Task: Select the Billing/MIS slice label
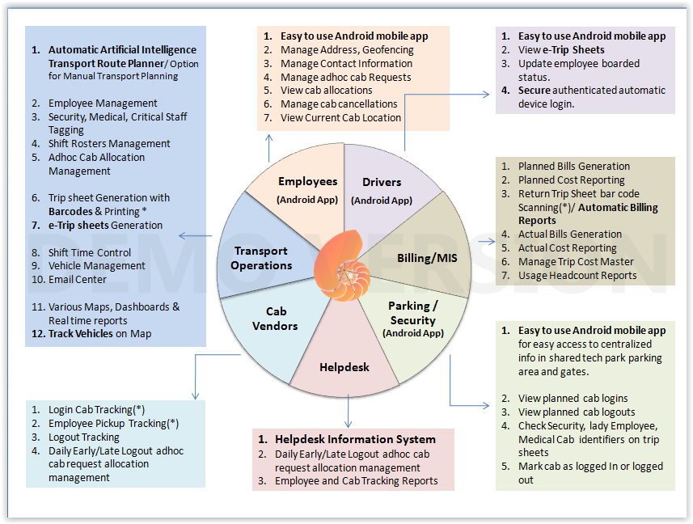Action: tap(425, 258)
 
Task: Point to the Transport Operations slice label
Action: tap(260, 258)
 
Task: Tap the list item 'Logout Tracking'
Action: tap(84, 437)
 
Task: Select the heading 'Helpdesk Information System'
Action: tap(355, 439)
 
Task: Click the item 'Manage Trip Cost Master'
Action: tap(575, 261)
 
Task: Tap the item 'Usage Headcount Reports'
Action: tap(577, 275)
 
